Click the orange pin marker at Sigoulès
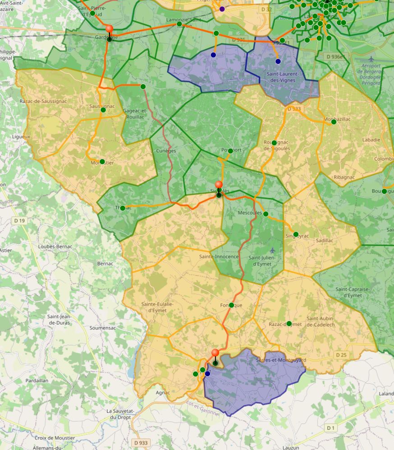[x=219, y=184]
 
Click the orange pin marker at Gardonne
[x=109, y=29]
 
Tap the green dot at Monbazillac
[x=334, y=121]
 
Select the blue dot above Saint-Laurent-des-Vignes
[x=278, y=61]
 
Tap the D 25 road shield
[x=341, y=355]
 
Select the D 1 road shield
[x=331, y=427]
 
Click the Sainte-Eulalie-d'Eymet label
[x=157, y=307]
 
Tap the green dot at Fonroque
[x=231, y=305]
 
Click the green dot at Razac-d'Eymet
[x=289, y=324]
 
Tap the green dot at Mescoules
[x=266, y=214]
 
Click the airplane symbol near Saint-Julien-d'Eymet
[x=272, y=250]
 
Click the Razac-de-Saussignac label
[x=43, y=101]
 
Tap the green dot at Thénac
[x=123, y=208]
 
